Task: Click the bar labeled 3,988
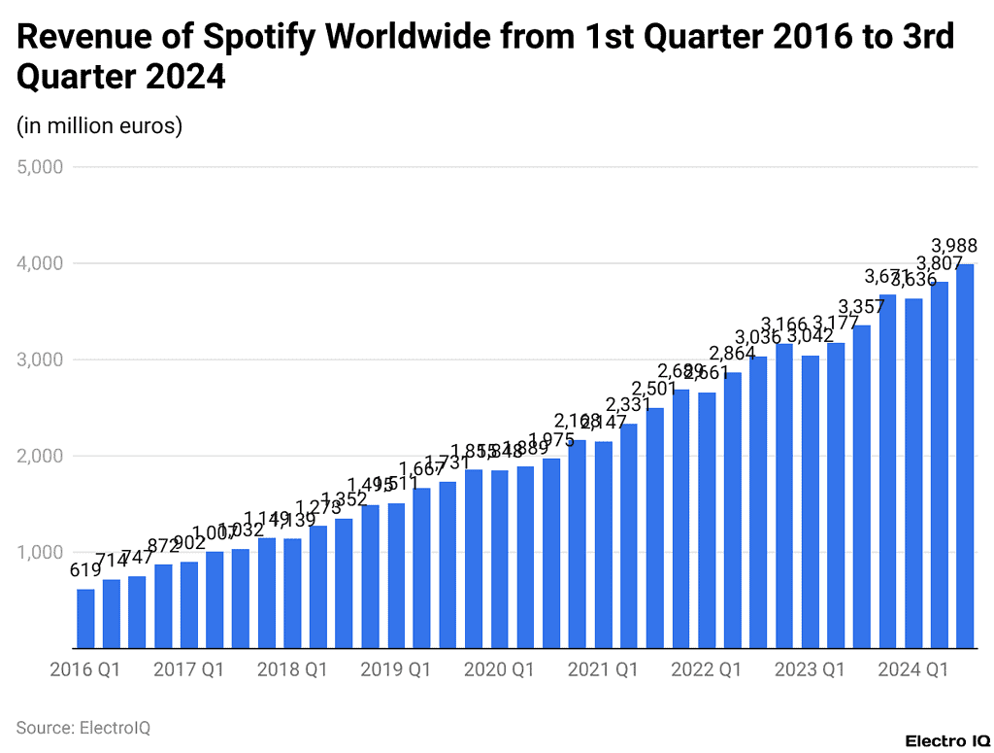click(965, 457)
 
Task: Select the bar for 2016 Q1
click(85, 619)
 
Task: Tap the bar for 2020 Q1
click(500, 560)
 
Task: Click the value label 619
click(85, 571)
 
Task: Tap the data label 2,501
click(655, 390)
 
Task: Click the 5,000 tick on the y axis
click(41, 167)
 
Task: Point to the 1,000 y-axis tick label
click(41, 552)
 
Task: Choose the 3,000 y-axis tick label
click(41, 359)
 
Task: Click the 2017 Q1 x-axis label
click(188, 669)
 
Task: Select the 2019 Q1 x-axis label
click(395, 669)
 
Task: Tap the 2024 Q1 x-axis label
click(912, 669)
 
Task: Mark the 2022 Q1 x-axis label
click(706, 669)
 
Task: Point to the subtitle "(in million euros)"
click(99, 125)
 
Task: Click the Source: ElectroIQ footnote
click(83, 727)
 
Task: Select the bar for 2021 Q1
click(603, 545)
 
